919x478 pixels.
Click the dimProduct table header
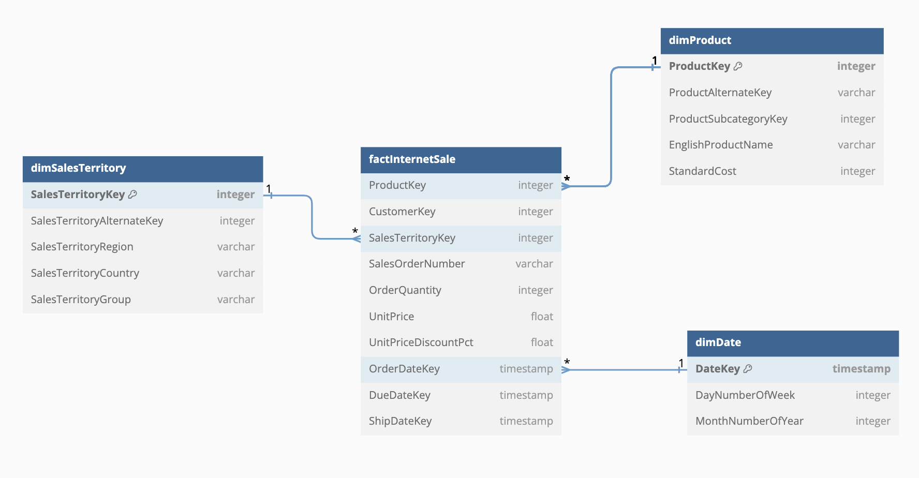[x=772, y=41]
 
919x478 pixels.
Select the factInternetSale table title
[x=412, y=159]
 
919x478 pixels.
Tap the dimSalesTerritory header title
[x=78, y=168]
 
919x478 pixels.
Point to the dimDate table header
[x=793, y=343]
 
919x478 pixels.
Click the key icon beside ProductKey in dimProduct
[x=738, y=66]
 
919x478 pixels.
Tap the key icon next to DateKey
[x=748, y=369]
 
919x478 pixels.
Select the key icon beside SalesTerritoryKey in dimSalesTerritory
[x=132, y=195]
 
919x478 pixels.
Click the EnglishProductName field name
[x=721, y=145]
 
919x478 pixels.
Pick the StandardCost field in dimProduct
[x=702, y=171]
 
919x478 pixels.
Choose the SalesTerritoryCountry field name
[x=85, y=273]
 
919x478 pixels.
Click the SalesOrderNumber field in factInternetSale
[x=417, y=264]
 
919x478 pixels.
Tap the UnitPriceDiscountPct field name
[x=421, y=342]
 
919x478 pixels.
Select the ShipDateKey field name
[x=400, y=421]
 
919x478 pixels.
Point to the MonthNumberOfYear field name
[x=749, y=421]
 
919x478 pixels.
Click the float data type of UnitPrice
[x=542, y=317]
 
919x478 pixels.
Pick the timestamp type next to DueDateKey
[x=526, y=395]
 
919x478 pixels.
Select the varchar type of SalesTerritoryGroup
[x=236, y=300]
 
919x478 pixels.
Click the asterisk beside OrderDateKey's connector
[x=567, y=362]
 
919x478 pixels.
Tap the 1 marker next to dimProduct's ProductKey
[x=655, y=61]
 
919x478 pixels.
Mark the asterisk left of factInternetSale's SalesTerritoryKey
[x=355, y=231]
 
